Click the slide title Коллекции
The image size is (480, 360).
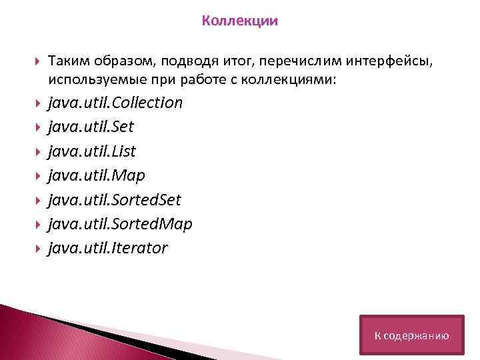pos(239,21)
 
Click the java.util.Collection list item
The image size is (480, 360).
pos(115,103)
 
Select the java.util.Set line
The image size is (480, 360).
pos(91,127)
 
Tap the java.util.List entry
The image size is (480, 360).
pos(91,151)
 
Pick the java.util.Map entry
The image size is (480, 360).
pos(96,175)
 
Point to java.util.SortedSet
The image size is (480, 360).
pos(114,200)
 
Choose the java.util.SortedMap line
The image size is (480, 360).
pos(120,224)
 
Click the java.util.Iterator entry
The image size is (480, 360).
pos(107,248)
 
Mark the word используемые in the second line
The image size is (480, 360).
pos(89,80)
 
